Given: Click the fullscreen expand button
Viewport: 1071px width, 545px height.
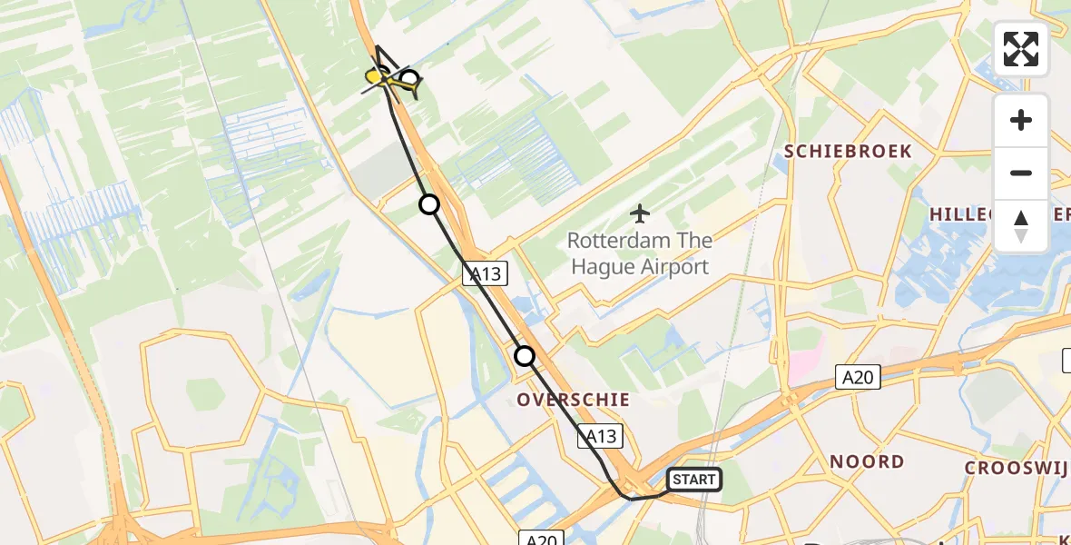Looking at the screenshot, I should click(x=1021, y=48).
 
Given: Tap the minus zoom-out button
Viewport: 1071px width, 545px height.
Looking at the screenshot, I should click(x=1021, y=173).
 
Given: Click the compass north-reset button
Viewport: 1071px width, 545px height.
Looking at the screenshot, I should click(x=1021, y=226).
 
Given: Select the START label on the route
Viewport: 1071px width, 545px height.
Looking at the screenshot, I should click(x=694, y=479).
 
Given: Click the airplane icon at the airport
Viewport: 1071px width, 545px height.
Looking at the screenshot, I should click(x=640, y=214).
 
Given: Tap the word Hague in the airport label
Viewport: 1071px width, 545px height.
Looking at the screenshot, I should click(x=602, y=267).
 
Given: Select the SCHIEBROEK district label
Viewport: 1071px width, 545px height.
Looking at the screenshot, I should click(x=848, y=152).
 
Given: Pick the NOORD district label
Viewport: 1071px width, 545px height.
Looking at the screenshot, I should click(x=867, y=461).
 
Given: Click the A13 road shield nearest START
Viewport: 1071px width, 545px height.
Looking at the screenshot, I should click(x=600, y=437).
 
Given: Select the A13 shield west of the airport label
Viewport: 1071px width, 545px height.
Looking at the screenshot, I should click(x=486, y=273).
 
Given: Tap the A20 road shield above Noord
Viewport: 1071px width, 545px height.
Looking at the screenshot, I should click(x=859, y=377).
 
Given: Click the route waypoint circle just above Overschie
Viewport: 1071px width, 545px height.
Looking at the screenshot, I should click(x=525, y=356).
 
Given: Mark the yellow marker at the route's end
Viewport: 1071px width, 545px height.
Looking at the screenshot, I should click(x=374, y=78).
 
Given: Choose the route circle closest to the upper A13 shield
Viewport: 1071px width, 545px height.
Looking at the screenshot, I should click(x=429, y=204).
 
